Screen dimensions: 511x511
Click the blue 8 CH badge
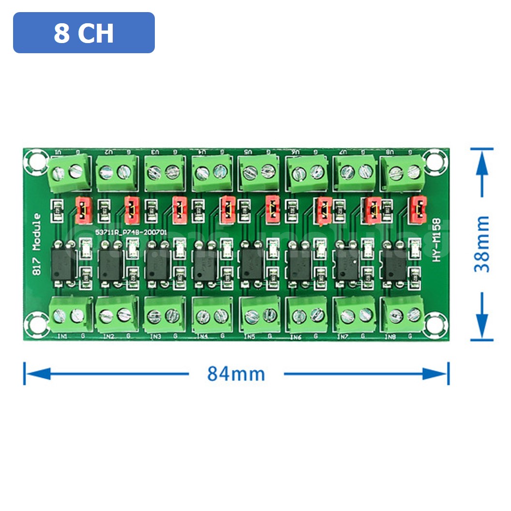[84, 33]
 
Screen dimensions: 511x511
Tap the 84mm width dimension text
[236, 374]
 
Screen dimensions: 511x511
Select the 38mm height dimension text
[482, 244]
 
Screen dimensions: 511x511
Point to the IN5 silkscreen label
[250, 336]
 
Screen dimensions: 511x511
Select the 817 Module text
[37, 244]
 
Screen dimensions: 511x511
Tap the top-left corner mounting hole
[35, 158]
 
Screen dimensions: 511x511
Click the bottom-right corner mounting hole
[431, 321]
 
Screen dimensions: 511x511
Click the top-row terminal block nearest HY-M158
[403, 171]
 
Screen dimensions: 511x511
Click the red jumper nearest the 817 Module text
[84, 210]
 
